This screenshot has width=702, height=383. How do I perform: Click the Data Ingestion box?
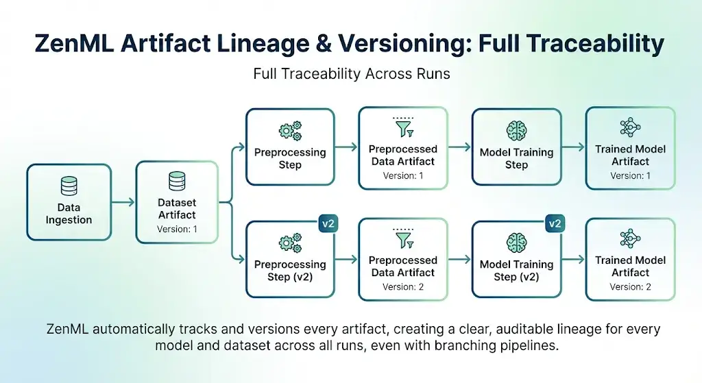pos(69,202)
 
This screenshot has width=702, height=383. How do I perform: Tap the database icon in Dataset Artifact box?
pos(177,181)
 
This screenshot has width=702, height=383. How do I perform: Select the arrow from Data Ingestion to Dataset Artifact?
pos(123,202)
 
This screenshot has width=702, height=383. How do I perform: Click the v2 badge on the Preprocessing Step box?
pos(328,223)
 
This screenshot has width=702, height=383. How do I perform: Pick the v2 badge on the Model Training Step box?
pos(555,223)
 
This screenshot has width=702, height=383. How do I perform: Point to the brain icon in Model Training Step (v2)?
pos(517,243)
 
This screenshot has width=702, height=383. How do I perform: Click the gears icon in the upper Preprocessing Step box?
pos(290,131)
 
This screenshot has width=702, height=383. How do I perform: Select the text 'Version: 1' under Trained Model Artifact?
pos(631,176)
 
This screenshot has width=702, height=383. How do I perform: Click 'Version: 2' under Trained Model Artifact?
pos(631,287)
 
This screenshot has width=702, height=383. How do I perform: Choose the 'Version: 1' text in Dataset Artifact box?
pos(177,229)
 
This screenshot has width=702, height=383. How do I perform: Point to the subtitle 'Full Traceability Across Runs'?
pos(352,74)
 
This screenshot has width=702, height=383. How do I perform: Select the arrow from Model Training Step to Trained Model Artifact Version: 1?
pos(574,147)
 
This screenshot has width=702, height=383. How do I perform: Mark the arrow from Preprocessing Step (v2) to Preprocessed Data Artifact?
pos(346,258)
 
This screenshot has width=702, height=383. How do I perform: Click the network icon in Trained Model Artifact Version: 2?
pos(631,238)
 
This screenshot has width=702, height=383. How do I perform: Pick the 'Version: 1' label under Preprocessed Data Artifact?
pos(403,176)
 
